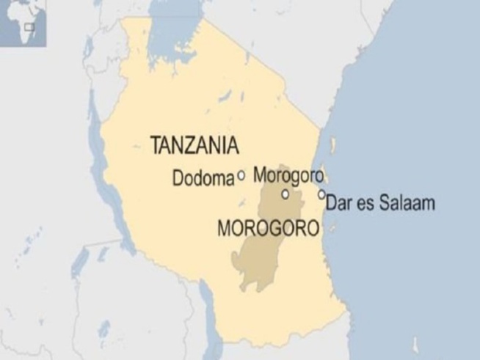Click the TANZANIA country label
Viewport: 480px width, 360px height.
(194, 145)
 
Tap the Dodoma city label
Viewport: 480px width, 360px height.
(203, 177)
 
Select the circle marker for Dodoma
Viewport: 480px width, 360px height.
(241, 176)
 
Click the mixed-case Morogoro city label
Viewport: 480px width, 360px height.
(287, 175)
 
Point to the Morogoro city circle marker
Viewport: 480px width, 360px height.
(285, 194)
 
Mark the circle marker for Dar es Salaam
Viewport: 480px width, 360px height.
(321, 194)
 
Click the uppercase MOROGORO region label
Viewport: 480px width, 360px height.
(269, 229)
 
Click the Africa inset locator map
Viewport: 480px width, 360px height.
(23, 22)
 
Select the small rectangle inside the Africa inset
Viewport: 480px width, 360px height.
(29, 27)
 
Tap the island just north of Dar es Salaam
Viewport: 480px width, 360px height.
(332, 145)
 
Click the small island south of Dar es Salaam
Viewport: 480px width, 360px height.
(335, 229)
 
